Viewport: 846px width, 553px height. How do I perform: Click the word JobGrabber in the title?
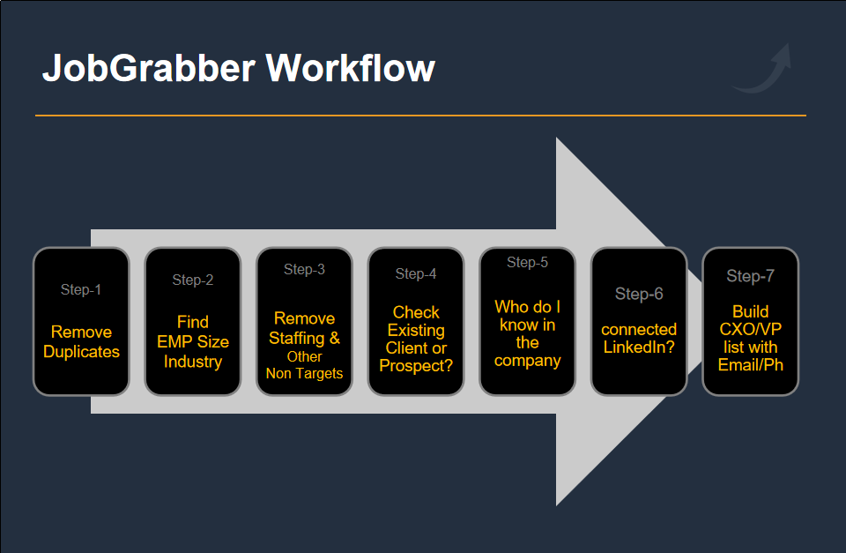(148, 69)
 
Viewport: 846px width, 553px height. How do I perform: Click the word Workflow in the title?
(350, 68)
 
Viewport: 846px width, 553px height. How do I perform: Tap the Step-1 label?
(81, 289)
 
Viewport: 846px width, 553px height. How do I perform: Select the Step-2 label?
(193, 280)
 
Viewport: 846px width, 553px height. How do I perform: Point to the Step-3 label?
(304, 270)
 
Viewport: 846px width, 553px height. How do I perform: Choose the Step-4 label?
(416, 273)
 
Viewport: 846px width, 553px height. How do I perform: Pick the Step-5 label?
(527, 263)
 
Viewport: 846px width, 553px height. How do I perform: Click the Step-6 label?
(639, 294)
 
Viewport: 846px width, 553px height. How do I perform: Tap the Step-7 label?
(751, 276)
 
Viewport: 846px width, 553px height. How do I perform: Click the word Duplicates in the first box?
(81, 352)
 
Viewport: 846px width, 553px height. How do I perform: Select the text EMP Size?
(193, 342)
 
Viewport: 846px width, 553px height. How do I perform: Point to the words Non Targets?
(304, 373)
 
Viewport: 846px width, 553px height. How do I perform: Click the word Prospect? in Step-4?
(416, 366)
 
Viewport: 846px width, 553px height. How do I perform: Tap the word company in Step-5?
(527, 361)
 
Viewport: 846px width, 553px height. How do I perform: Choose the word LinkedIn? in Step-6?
(639, 347)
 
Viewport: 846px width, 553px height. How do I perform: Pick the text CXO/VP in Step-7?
(751, 329)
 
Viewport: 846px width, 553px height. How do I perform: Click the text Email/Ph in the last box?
(751, 365)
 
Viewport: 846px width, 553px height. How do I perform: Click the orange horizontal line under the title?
(421, 116)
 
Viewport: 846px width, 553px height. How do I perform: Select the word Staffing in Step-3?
(296, 339)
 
